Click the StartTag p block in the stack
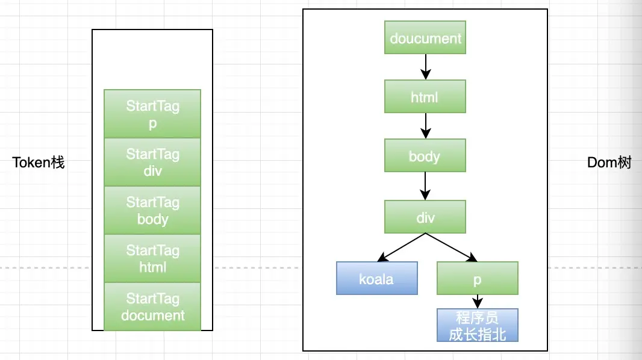(152, 114)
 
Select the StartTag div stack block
(152, 162)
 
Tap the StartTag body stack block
(152, 210)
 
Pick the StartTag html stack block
(152, 258)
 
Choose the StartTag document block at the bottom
(152, 306)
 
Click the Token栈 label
(38, 163)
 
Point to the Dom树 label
(609, 163)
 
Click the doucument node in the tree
(425, 38)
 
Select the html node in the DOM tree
(425, 96)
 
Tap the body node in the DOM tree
(425, 155)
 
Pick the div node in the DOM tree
(425, 217)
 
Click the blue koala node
(376, 278)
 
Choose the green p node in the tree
(478, 278)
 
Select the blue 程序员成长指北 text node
(478, 325)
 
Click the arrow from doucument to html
(425, 67)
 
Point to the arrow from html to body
(425, 126)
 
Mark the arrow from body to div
(425, 186)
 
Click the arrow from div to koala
(401, 247)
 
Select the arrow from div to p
(451, 247)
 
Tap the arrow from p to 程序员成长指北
(478, 302)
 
